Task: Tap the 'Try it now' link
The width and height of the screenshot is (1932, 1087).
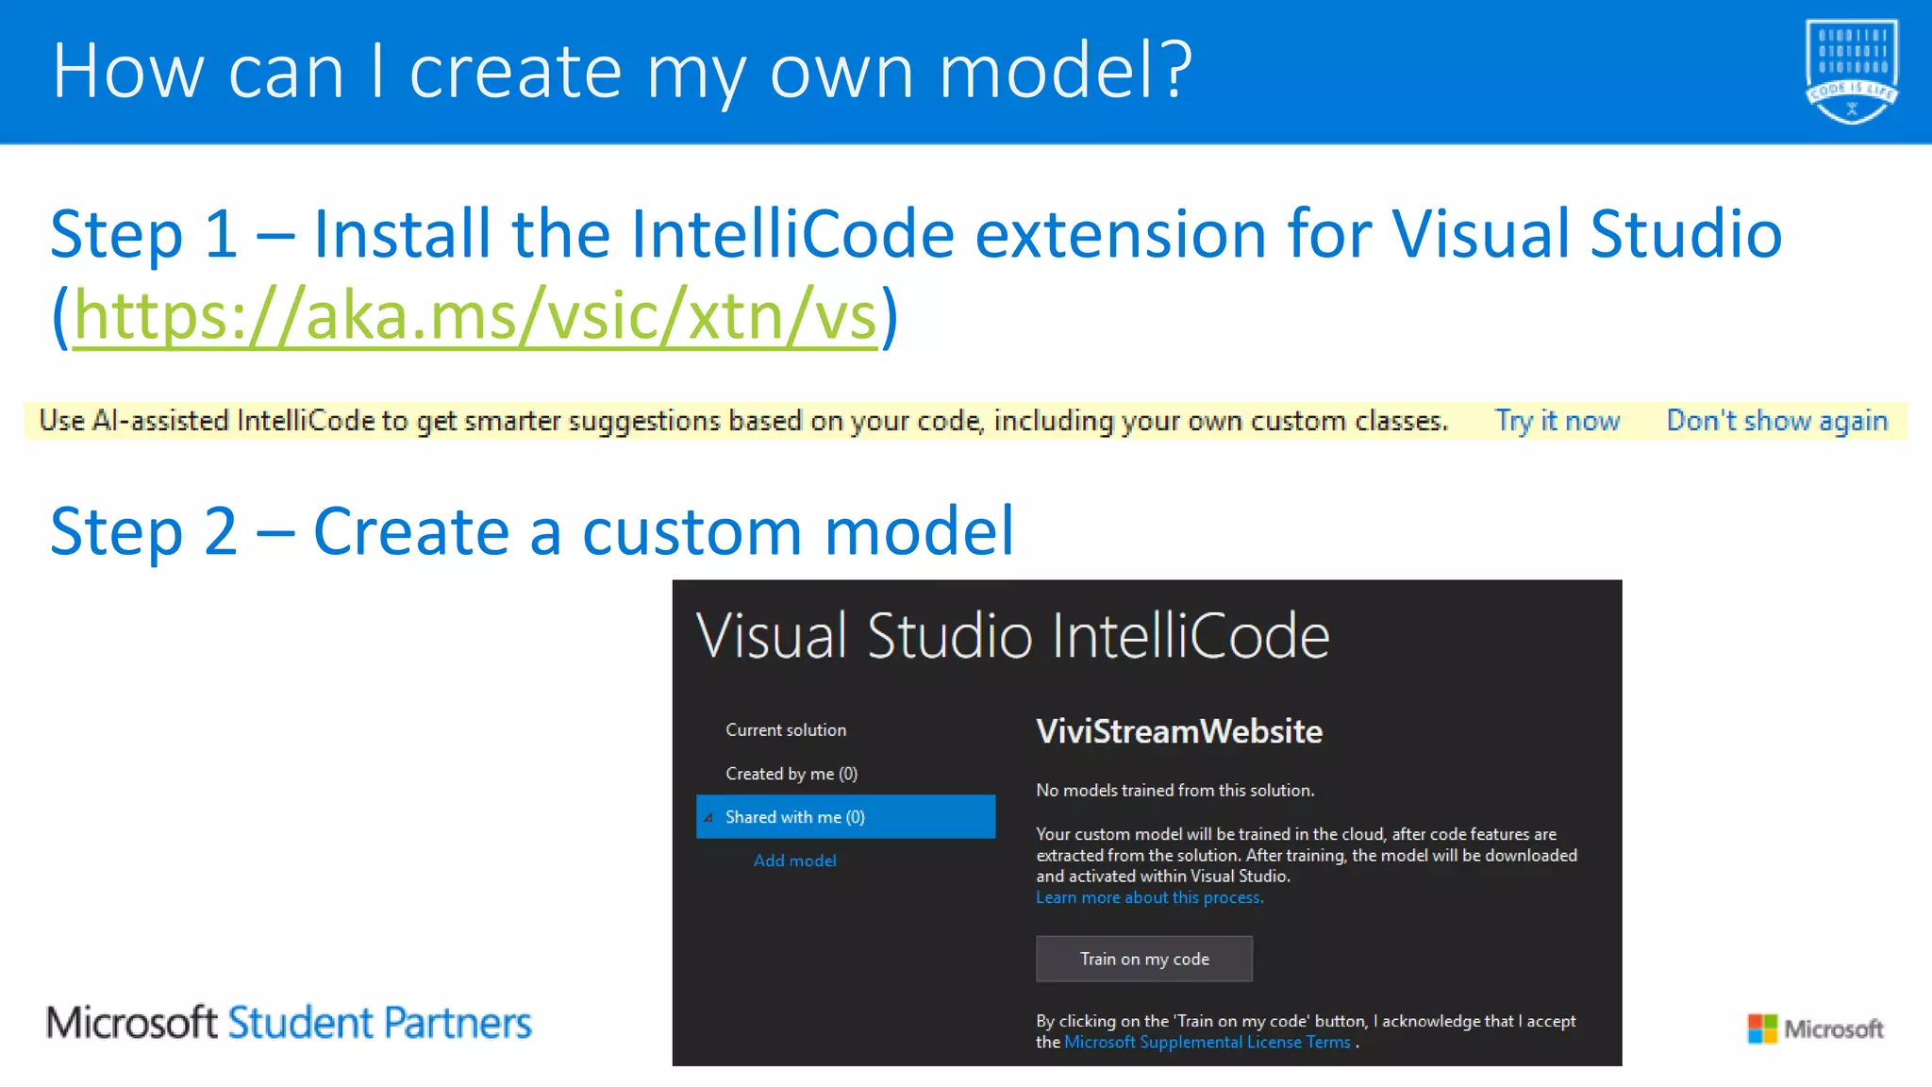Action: [x=1557, y=421]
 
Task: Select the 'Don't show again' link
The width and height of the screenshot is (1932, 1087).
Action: [x=1776, y=421]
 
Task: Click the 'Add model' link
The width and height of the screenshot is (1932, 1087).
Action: [x=794, y=861]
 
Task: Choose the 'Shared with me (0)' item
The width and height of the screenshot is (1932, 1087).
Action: [x=794, y=817]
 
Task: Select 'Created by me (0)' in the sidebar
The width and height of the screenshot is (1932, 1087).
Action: [x=791, y=774]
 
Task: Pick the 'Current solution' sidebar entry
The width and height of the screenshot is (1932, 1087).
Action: [x=786, y=730]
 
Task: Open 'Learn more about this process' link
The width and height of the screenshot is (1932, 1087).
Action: [x=1149, y=897]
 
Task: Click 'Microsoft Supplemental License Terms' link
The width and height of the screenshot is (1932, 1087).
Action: [x=1207, y=1042]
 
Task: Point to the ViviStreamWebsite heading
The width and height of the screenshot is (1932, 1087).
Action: [x=1178, y=731]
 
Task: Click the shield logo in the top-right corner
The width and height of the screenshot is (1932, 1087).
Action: [x=1851, y=71]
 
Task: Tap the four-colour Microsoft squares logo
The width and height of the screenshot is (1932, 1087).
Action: [x=1761, y=1028]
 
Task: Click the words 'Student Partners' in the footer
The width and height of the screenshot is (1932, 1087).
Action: [x=379, y=1023]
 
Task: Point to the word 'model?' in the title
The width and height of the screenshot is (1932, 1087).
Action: [x=1065, y=71]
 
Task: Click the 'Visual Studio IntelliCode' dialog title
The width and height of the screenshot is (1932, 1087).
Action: [x=1012, y=635]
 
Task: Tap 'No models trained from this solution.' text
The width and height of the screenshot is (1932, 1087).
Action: [x=1174, y=791]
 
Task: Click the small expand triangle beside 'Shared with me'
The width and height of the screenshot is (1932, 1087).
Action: [x=708, y=818]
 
